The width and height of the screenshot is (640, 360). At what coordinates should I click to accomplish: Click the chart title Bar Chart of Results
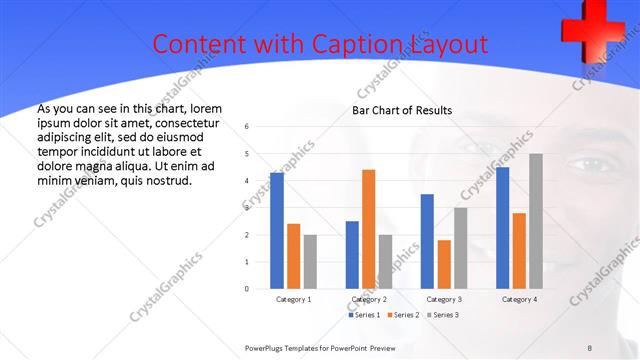(402, 110)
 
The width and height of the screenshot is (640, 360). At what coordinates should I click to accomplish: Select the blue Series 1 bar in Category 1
(277, 231)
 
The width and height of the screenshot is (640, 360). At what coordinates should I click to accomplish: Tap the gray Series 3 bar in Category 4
(536, 221)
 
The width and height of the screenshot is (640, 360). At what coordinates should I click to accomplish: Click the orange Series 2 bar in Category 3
(444, 264)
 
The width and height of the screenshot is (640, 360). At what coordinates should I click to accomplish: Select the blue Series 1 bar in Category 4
(502, 228)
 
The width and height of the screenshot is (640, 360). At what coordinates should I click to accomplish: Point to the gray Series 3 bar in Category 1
(311, 262)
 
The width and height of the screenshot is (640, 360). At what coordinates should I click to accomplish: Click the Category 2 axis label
(369, 299)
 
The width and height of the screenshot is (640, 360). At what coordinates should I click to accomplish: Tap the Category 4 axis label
(519, 299)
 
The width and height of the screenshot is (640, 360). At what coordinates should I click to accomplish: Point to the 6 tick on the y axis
(247, 127)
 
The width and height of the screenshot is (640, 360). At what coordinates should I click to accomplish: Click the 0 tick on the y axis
(247, 289)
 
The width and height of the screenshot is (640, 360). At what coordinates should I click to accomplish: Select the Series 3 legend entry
(443, 315)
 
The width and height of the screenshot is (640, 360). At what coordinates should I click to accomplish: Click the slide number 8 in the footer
(590, 347)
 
